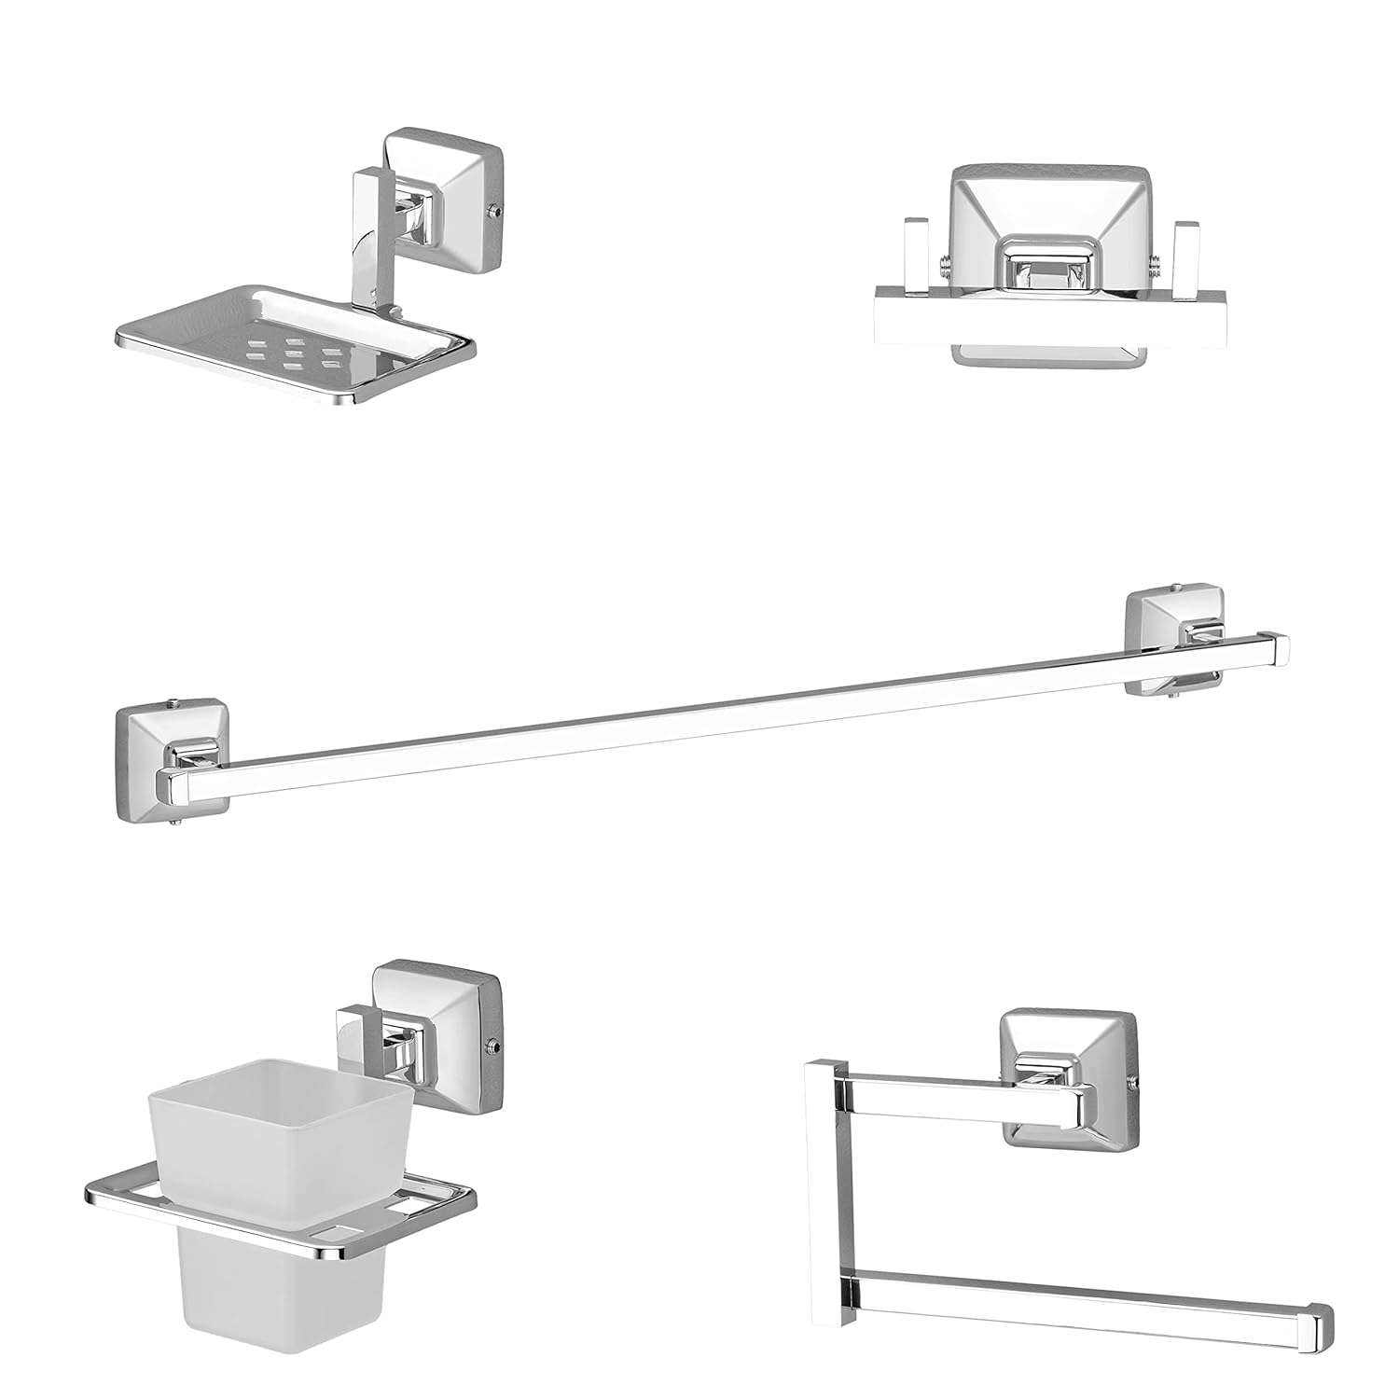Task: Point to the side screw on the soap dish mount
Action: [x=501, y=213]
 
